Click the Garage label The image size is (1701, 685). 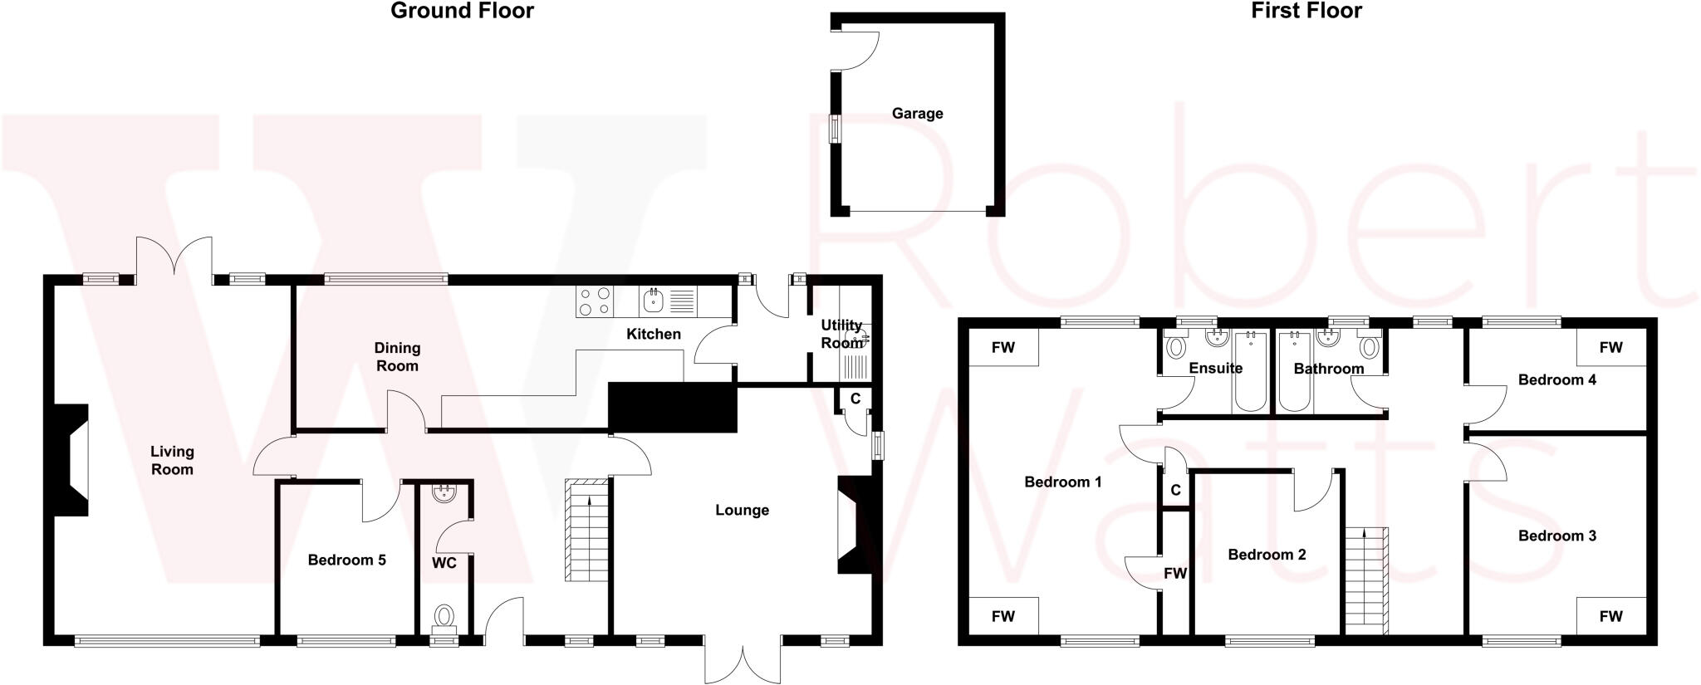(917, 114)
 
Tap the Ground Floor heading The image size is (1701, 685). (462, 11)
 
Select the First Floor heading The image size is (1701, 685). (1306, 11)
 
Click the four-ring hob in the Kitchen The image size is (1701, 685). (594, 301)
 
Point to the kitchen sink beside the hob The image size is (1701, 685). (653, 301)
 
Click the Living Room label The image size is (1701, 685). (172, 460)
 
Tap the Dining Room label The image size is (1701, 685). (397, 357)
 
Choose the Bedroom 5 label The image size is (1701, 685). (346, 560)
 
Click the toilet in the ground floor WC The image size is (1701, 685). (444, 617)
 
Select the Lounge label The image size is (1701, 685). (742, 511)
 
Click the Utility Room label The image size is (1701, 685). (841, 334)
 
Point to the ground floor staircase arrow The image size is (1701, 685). (590, 501)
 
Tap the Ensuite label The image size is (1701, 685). (1215, 369)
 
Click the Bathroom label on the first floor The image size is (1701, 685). (1329, 369)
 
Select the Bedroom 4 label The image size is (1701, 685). (1556, 380)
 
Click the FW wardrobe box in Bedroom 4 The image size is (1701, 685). (1610, 348)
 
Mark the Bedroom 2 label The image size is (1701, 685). (1267, 555)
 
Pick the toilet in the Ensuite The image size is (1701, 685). (1175, 346)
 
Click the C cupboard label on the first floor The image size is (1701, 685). (1175, 491)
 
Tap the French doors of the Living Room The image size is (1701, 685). (174, 257)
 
